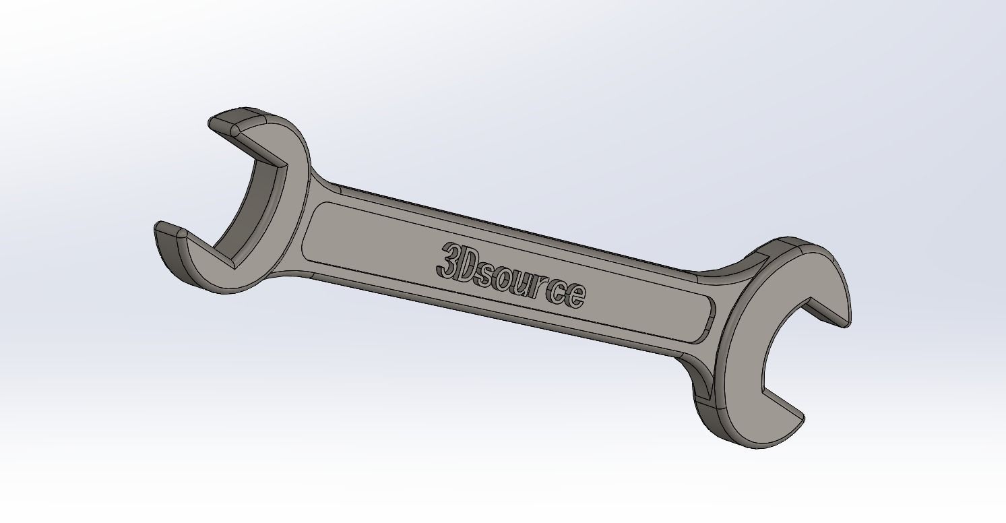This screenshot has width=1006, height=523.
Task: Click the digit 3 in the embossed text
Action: [448, 261]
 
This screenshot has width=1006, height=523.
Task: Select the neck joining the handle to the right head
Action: [704, 283]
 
